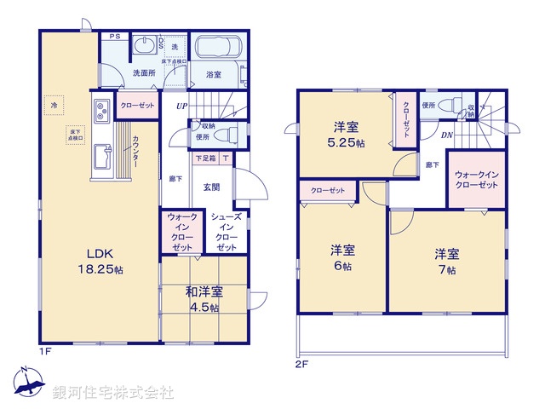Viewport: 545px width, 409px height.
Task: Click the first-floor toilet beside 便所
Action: click(229, 134)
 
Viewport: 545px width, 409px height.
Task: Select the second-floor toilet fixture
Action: click(447, 108)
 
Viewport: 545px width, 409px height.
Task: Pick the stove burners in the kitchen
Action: click(100, 111)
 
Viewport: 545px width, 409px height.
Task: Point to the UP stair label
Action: click(181, 107)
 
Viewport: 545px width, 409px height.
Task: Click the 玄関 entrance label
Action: click(211, 187)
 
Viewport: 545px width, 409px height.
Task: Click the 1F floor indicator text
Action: click(44, 350)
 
